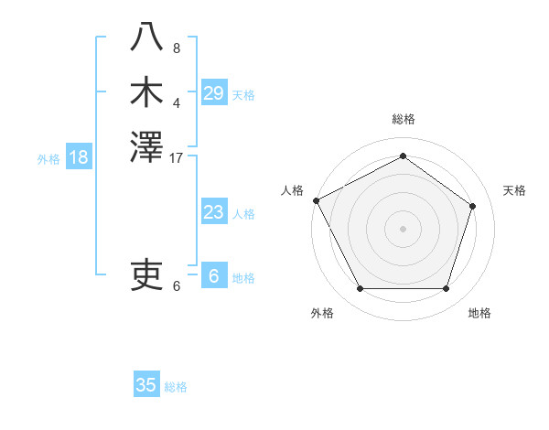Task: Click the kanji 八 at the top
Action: click(x=147, y=37)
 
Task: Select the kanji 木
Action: click(x=147, y=91)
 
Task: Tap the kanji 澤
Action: click(x=147, y=147)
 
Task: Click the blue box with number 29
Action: click(x=213, y=92)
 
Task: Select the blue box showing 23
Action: click(x=213, y=212)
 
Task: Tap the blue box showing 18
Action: click(x=79, y=157)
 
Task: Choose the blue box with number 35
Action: click(x=146, y=384)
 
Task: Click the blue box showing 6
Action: click(x=213, y=276)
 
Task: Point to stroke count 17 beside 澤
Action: click(x=177, y=159)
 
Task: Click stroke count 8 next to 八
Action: click(x=177, y=48)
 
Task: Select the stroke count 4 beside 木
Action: click(x=177, y=103)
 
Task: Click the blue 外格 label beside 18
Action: click(x=48, y=158)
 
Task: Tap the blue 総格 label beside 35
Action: click(x=176, y=387)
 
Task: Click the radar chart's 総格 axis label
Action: click(x=403, y=119)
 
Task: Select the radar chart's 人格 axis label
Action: click(x=293, y=190)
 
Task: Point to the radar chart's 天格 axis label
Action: click(x=514, y=190)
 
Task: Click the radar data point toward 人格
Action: click(x=316, y=200)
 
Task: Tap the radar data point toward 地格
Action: click(x=446, y=289)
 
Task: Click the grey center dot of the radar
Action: click(x=403, y=228)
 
